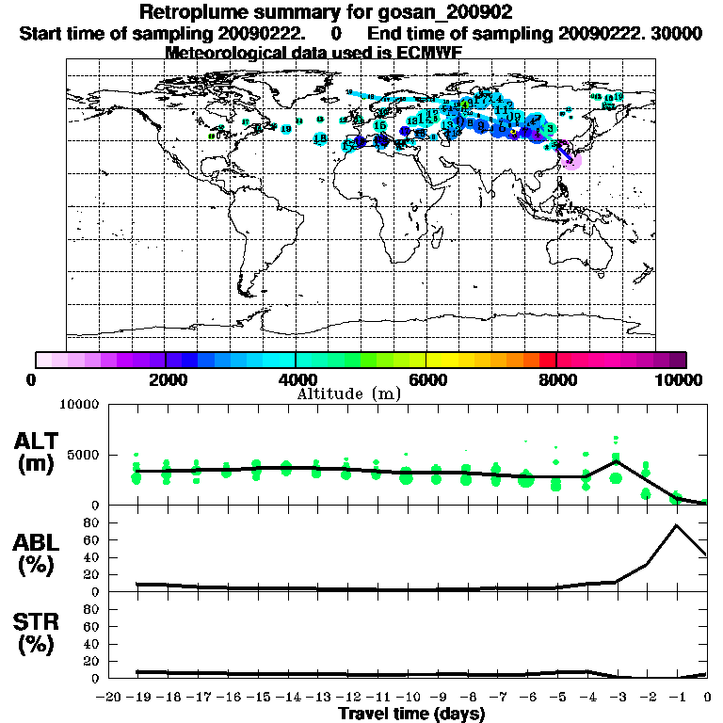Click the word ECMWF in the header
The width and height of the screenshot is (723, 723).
tap(428, 52)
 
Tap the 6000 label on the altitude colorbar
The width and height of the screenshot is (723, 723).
tap(426, 380)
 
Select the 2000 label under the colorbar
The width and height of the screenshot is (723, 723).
tap(166, 380)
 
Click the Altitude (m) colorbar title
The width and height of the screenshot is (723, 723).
tap(348, 394)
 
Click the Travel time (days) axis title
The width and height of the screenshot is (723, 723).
tap(411, 715)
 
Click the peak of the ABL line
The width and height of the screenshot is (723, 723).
tap(676, 524)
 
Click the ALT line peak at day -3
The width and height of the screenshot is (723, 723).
tap(616, 460)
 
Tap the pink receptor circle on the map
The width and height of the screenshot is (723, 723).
tap(570, 160)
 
